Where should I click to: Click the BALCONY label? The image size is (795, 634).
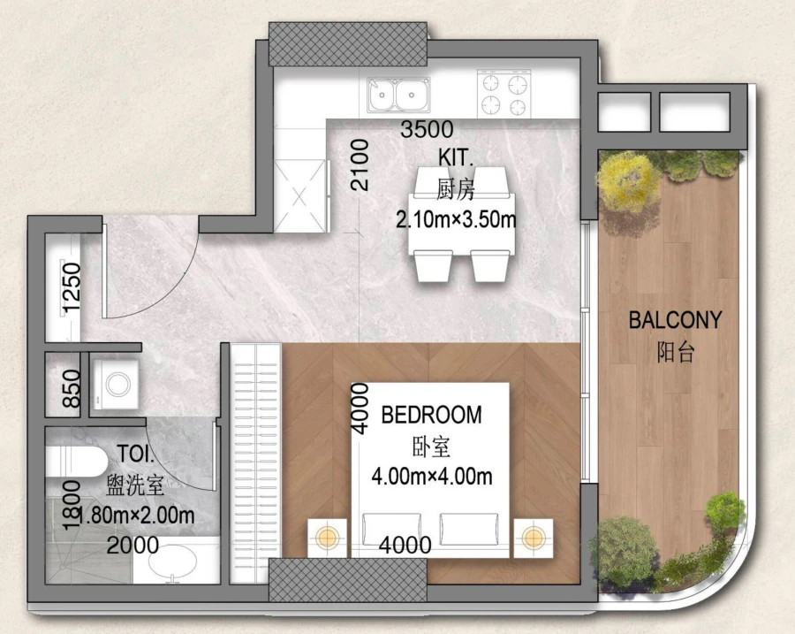(x=675, y=320)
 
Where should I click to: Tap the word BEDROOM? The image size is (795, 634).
(x=431, y=415)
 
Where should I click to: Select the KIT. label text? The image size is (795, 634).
(x=455, y=157)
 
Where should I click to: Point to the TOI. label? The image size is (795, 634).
(x=136, y=454)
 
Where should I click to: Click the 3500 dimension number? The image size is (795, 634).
(x=427, y=129)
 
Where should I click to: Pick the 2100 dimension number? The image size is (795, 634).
(x=360, y=165)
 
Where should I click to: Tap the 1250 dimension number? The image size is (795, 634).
(x=72, y=286)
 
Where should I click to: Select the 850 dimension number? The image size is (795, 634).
(x=72, y=388)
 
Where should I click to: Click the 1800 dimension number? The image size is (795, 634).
(x=72, y=505)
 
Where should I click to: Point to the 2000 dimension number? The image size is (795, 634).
(x=132, y=546)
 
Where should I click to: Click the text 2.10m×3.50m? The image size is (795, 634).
(x=456, y=220)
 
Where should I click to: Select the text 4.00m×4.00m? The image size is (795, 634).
(x=431, y=477)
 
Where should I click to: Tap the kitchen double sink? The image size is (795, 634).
(x=398, y=95)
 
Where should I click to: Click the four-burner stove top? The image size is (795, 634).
(x=504, y=94)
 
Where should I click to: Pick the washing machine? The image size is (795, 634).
(x=116, y=385)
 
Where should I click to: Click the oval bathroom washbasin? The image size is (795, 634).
(x=173, y=561)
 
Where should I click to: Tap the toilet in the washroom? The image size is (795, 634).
(x=77, y=462)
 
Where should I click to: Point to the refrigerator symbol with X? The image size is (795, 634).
(x=299, y=196)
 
